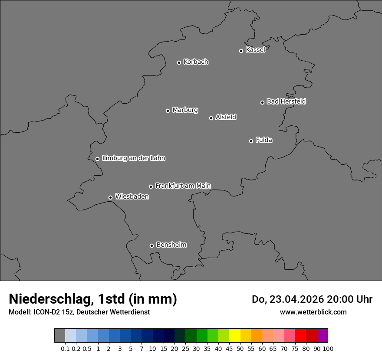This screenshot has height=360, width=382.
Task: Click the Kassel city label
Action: click(x=255, y=50)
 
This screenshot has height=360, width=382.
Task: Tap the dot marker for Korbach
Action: click(x=179, y=62)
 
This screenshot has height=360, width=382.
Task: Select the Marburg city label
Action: click(x=185, y=110)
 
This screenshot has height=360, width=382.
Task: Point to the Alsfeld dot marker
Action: click(x=211, y=118)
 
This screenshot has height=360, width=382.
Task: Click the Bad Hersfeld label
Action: click(x=286, y=101)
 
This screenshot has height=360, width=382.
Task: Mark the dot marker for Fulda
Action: click(x=251, y=141)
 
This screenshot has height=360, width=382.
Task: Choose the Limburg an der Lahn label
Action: click(x=133, y=158)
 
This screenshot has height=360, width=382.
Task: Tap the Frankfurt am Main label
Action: click(x=183, y=186)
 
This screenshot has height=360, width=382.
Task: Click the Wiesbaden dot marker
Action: click(x=110, y=197)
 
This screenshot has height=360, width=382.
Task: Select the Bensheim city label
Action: click(x=171, y=245)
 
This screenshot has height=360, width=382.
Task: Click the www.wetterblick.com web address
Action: click(x=313, y=312)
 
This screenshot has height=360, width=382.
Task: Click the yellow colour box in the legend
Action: click(x=235, y=336)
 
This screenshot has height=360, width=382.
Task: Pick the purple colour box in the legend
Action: click(x=323, y=336)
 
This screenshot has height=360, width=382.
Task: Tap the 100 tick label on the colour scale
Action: click(x=328, y=348)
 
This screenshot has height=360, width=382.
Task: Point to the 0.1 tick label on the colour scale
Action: click(x=65, y=348)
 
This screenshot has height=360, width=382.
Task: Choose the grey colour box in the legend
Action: click(x=59, y=336)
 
